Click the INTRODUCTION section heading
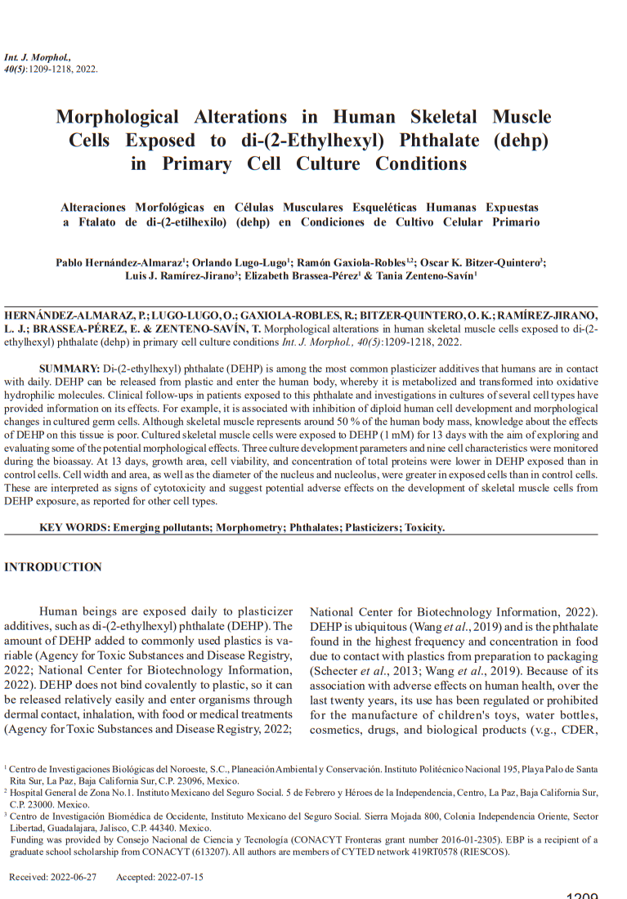53,567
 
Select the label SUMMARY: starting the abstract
69,369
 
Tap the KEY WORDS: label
74,527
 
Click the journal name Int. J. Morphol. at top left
38,58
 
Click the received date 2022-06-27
74,877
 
